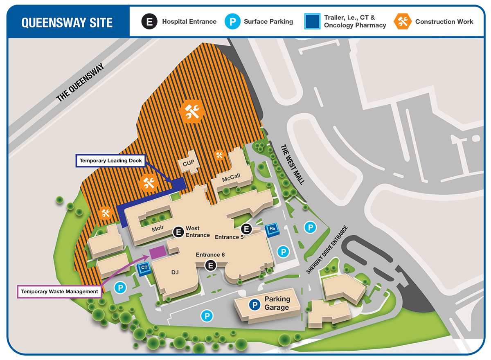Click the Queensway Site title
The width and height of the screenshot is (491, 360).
point(67,22)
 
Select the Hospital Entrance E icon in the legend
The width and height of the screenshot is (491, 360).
point(150,22)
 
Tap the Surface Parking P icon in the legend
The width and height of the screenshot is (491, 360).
point(232,22)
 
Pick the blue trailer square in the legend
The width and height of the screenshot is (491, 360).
point(312,22)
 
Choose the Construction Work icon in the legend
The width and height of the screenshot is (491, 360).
point(403,22)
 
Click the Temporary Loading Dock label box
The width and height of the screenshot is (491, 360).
point(110,161)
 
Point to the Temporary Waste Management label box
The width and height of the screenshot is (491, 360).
point(60,292)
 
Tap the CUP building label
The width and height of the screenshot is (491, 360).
point(188,163)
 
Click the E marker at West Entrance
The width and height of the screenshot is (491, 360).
point(178,232)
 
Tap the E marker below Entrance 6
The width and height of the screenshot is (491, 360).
point(210,265)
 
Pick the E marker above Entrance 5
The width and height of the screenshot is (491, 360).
point(246,229)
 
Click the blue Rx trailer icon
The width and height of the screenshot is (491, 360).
point(272,230)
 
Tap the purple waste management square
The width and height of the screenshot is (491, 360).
point(157,252)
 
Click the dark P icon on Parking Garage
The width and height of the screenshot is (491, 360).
point(255,304)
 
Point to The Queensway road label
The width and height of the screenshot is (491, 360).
point(80,82)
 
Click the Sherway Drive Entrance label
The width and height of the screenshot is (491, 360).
point(327,250)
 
